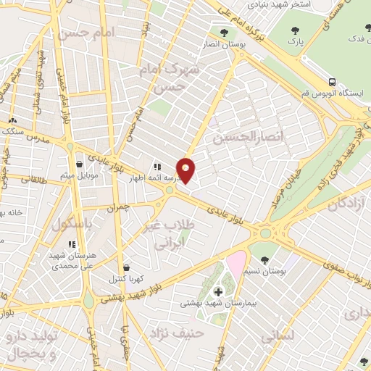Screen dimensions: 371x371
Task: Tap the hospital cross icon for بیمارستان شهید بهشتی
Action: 219,291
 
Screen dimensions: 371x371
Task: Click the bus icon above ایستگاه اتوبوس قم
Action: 332,82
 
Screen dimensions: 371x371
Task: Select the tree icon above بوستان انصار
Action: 223,32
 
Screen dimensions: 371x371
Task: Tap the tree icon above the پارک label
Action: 294,30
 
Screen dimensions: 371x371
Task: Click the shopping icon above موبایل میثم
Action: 79,165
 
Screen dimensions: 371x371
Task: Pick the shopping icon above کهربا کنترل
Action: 127,267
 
